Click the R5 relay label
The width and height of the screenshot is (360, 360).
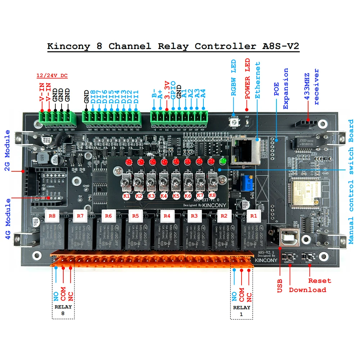135,216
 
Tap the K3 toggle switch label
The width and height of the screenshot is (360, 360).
151,196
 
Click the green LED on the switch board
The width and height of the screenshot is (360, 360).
223,162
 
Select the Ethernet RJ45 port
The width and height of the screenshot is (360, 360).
243,151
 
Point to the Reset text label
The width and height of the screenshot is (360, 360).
319,280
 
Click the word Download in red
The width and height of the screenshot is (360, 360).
307,290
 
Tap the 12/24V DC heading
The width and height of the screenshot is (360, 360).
52,76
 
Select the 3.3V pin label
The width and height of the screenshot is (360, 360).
167,90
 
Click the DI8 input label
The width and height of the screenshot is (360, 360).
93,96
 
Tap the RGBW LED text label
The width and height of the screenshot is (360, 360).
233,78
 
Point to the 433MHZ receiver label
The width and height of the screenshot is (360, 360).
312,86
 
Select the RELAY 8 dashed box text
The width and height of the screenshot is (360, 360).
63,310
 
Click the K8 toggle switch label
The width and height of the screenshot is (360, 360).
212,196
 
